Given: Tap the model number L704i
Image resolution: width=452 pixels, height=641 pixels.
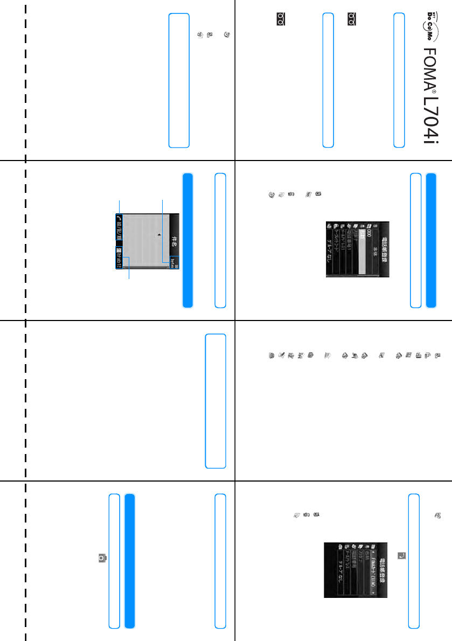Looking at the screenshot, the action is pyautogui.click(x=429, y=119).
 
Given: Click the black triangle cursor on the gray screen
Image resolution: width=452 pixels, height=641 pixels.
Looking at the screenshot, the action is pyautogui.click(x=159, y=235).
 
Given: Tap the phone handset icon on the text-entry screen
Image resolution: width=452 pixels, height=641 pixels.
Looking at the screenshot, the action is pyautogui.click(x=119, y=218).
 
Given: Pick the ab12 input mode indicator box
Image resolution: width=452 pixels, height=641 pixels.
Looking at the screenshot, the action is pyautogui.click(x=119, y=257).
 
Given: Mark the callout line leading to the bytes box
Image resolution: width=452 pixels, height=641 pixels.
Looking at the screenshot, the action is pyautogui.click(x=162, y=226).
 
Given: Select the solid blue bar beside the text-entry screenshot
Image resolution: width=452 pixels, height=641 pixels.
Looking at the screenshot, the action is pyautogui.click(x=187, y=240).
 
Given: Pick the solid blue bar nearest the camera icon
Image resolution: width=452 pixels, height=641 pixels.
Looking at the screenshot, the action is pyautogui.click(x=129, y=560).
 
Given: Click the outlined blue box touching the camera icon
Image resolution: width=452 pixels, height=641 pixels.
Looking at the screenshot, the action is pyautogui.click(x=114, y=560).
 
